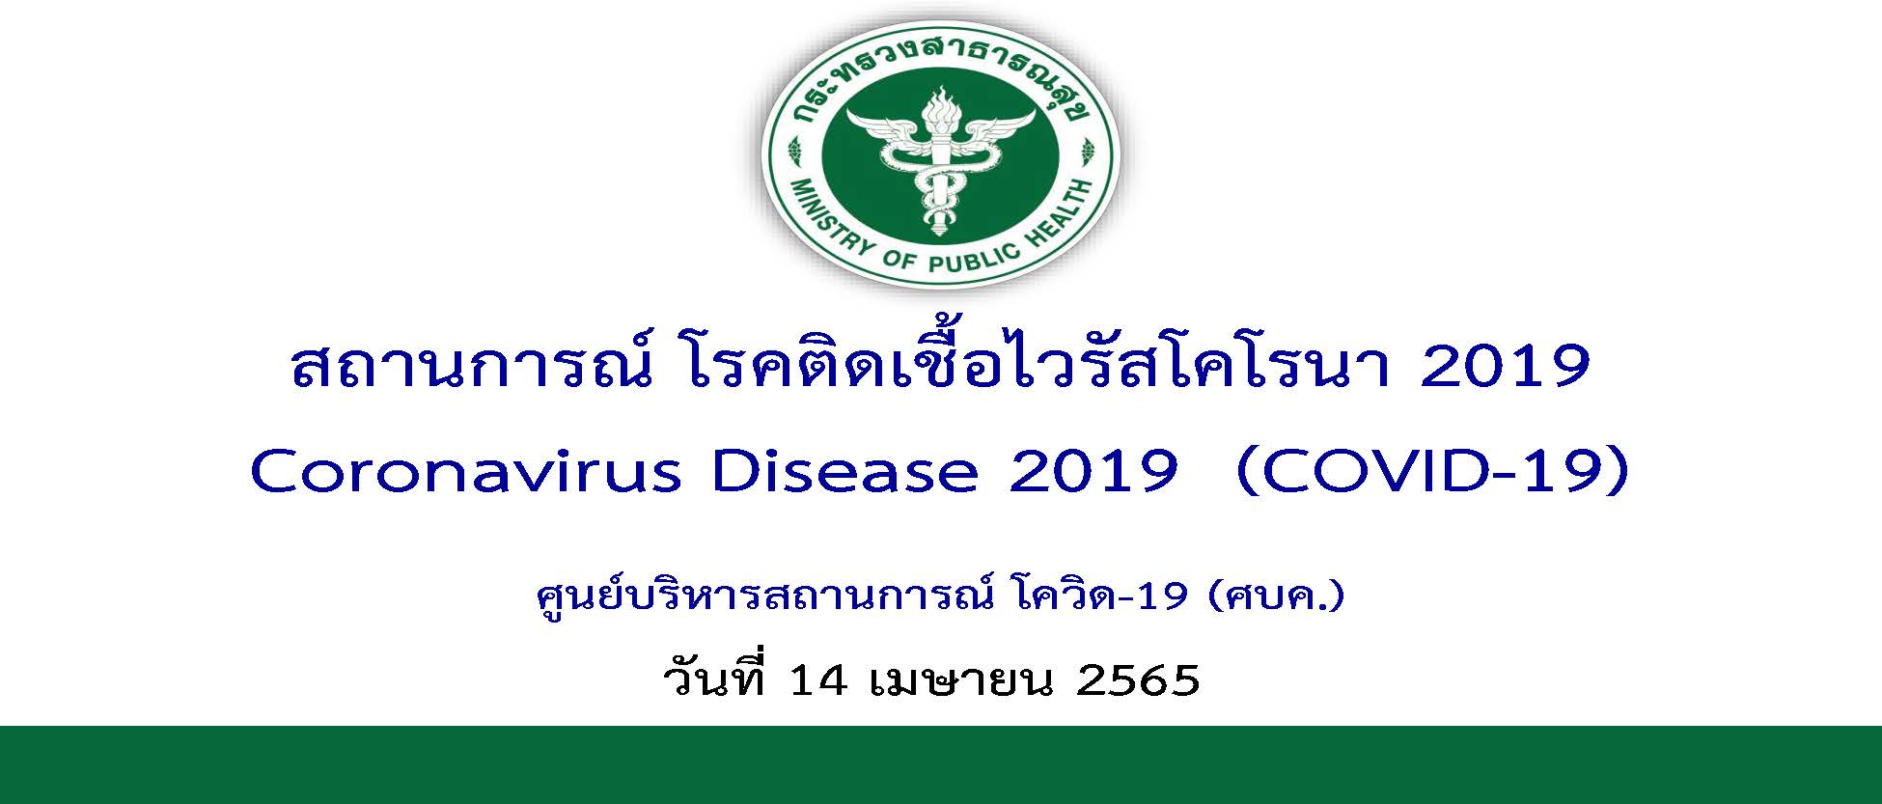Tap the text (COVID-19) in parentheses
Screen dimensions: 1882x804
(x=1431, y=473)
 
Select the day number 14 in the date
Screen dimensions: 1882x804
(x=818, y=679)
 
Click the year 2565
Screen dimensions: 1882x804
(x=1138, y=679)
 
